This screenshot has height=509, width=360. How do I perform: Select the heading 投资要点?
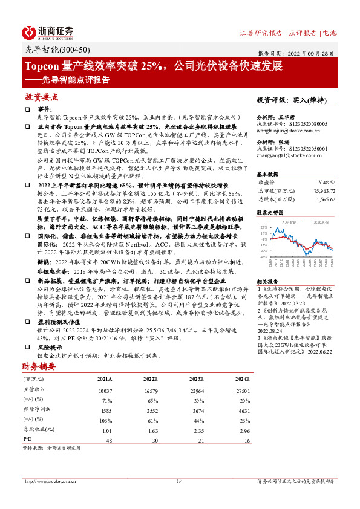[x=41, y=97]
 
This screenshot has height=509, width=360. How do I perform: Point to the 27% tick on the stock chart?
[x=263, y=227]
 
